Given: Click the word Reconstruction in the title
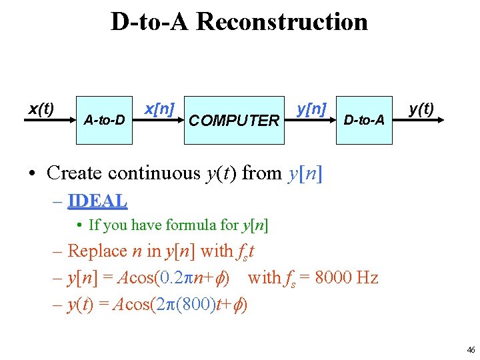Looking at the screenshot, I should pyautogui.click(x=282, y=22).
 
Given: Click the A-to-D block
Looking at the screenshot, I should pyautogui.click(x=104, y=120).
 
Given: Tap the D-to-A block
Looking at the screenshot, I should pyautogui.click(x=363, y=120).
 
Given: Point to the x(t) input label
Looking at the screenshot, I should pyautogui.click(x=41, y=108).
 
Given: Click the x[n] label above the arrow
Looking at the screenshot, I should pyautogui.click(x=160, y=108).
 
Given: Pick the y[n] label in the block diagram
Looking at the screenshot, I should pyautogui.click(x=311, y=108).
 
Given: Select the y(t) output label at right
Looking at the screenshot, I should pyautogui.click(x=421, y=108).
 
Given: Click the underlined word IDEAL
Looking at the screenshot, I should pyautogui.click(x=97, y=200).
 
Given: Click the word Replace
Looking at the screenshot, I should pyautogui.click(x=97, y=251).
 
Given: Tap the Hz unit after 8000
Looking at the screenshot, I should pyautogui.click(x=368, y=277).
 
